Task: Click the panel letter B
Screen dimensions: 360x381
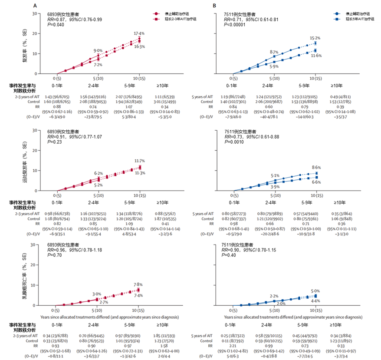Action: click(x=214, y=6)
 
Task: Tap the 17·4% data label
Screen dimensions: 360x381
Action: click(x=139, y=33)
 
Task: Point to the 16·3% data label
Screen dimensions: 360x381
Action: click(x=139, y=46)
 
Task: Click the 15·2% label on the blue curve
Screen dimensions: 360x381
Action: click(x=315, y=38)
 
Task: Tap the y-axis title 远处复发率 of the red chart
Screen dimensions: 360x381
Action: click(x=27, y=165)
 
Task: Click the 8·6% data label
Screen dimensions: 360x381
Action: click(x=317, y=167)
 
